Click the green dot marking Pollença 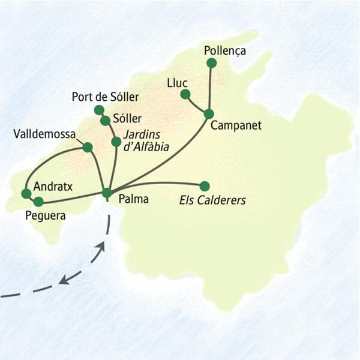coord(211,63)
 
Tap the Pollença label coord(225,50)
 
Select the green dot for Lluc coord(185,94)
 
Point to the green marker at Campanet coord(209,113)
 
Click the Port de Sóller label coord(105,97)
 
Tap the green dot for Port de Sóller coord(99,110)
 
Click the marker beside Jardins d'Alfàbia coord(116,142)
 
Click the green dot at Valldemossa coord(88,147)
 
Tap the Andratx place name coord(53,187)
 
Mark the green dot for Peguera coord(38,202)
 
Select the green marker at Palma coord(107,193)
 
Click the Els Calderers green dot coord(205,186)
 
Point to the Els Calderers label coord(213,200)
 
